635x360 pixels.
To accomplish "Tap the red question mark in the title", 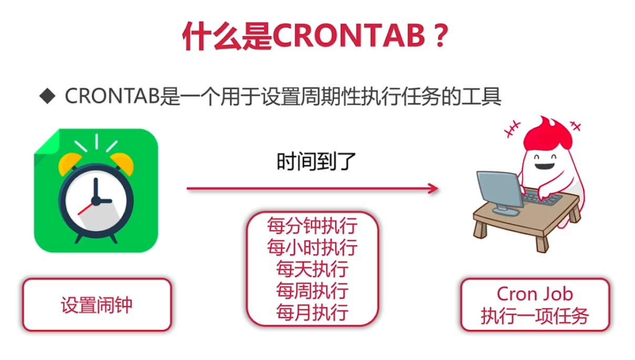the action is tap(440, 35).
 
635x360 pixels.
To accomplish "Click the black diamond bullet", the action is tap(47, 96).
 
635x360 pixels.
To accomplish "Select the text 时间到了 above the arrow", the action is tap(316, 162).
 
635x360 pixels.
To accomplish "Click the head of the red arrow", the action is tap(433, 188).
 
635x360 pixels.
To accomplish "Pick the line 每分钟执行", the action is tap(313, 226).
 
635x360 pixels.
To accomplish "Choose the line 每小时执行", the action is tap(313, 248).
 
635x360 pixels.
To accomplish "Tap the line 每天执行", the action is tap(313, 269).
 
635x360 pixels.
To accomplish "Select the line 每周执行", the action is tap(313, 291).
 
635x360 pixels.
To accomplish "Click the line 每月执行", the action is tap(313, 312).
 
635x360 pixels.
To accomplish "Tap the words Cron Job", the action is tap(535, 294).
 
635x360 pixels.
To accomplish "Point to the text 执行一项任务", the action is tap(535, 316).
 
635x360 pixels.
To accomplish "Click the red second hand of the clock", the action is tap(85, 209).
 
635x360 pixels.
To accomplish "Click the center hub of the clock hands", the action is tap(96, 201).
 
